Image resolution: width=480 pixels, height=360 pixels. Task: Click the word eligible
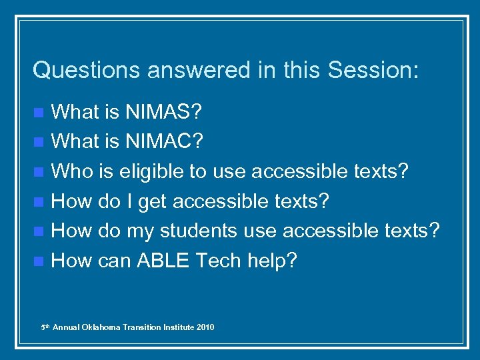click(151, 171)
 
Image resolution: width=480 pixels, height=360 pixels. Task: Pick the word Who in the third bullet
click(69, 171)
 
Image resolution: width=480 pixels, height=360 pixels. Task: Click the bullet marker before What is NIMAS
click(41, 112)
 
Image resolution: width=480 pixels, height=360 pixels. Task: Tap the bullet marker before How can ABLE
click(41, 261)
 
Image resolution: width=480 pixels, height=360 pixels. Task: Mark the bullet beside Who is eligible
click(41, 171)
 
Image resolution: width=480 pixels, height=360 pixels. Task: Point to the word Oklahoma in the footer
click(102, 327)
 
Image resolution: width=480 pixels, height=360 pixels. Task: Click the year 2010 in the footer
click(205, 327)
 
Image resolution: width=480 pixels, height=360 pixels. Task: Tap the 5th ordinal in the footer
click(45, 327)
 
